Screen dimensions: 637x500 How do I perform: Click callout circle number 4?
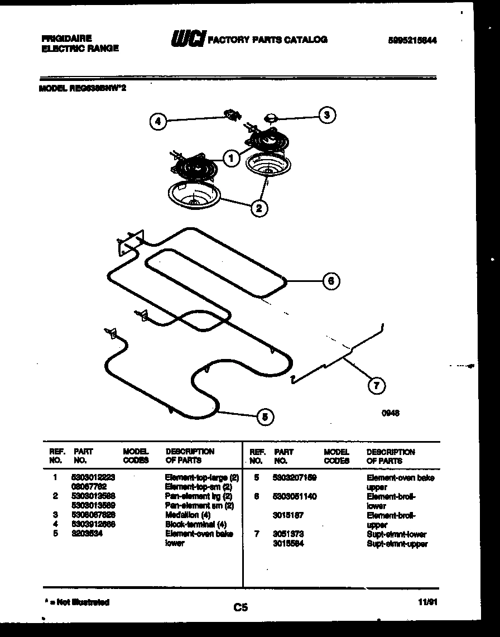pyautogui.click(x=158, y=121)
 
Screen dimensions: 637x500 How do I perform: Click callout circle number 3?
pyautogui.click(x=327, y=115)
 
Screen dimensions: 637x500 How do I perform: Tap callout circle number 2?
pyautogui.click(x=258, y=208)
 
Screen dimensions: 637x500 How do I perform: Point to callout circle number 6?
pyautogui.click(x=331, y=281)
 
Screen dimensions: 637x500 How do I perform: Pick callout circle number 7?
pyautogui.click(x=377, y=385)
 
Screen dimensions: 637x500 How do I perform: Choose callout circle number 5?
pyautogui.click(x=266, y=416)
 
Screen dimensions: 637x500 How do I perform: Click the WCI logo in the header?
pyautogui.click(x=187, y=40)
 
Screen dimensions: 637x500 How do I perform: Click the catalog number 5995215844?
pyautogui.click(x=412, y=40)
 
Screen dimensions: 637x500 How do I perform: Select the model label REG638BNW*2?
pyautogui.click(x=86, y=88)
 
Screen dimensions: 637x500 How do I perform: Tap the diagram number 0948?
pyautogui.click(x=391, y=414)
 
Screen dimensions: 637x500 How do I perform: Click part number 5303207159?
pyautogui.click(x=295, y=478)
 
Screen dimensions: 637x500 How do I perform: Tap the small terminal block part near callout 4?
pyautogui.click(x=232, y=116)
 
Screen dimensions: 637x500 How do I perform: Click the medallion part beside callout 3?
pyautogui.click(x=272, y=117)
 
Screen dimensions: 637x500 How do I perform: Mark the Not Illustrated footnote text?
pyautogui.click(x=76, y=602)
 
